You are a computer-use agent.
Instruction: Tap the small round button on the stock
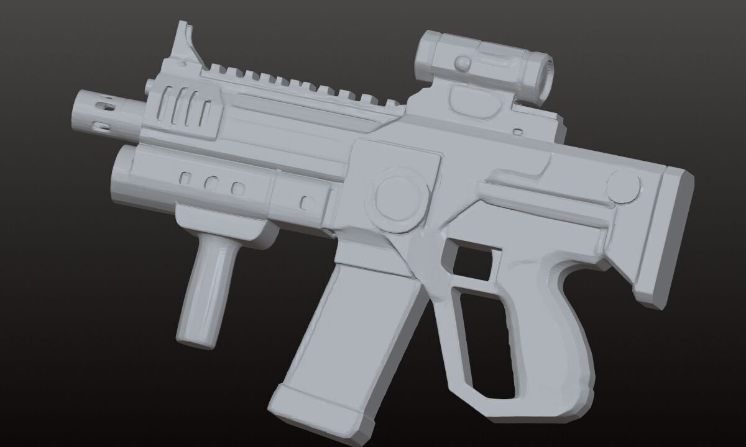(623, 186)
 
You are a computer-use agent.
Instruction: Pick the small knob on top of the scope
(463, 62)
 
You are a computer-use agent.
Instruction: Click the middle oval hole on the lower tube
(211, 184)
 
